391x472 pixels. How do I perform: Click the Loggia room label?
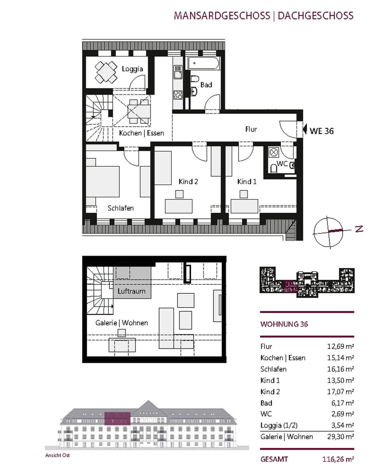132,69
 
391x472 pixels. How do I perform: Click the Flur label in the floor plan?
251,129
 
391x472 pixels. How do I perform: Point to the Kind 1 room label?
247,182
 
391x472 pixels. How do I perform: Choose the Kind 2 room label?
188,182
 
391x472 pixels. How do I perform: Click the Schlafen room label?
121,208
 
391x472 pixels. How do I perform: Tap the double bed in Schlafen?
103,182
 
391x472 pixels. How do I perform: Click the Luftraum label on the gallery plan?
132,291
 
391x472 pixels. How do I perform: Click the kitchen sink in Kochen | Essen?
178,72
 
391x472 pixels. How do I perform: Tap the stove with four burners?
178,94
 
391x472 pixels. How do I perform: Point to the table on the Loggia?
106,72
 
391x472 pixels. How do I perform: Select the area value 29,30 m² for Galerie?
340,437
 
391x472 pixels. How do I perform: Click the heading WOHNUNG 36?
284,324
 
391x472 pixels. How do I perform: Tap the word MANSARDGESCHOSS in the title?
222,16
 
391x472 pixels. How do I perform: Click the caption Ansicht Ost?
57,455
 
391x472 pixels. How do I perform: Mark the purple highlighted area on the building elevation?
117,418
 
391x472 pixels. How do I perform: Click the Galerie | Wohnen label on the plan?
121,323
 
